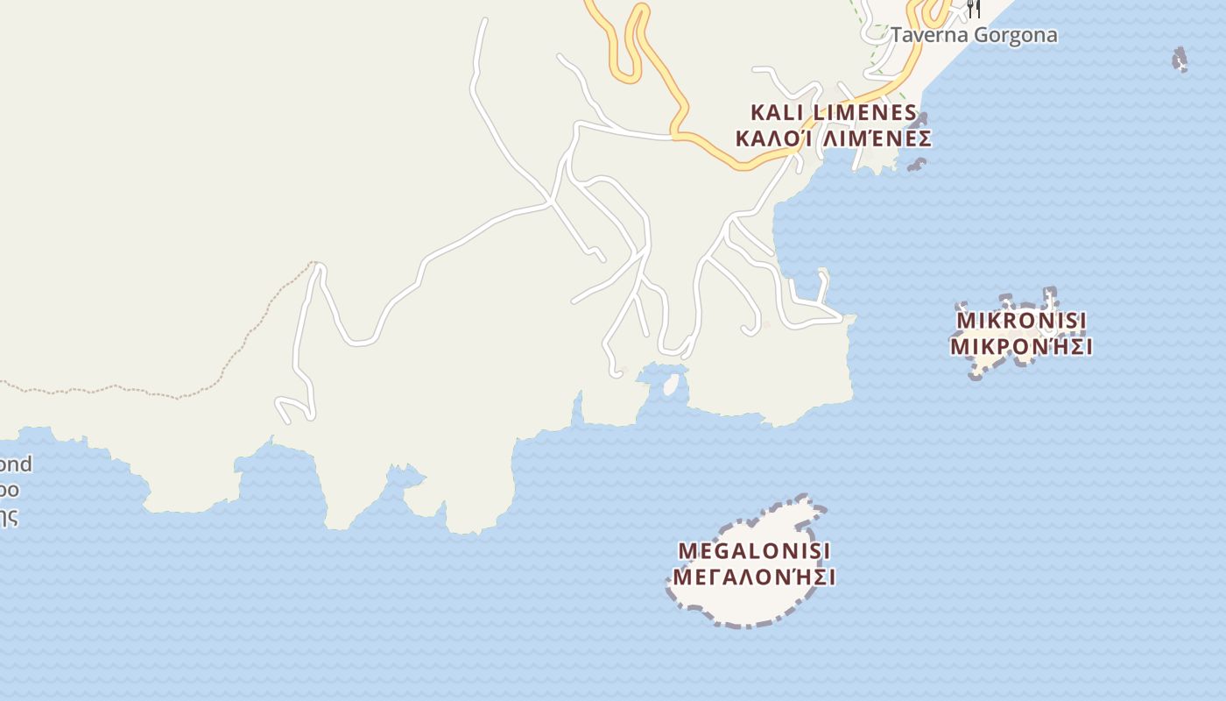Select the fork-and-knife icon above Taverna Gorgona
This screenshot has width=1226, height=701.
coord(973,9)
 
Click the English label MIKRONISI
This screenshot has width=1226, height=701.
coord(1021,320)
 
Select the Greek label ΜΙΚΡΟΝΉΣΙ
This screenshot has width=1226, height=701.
coord(1021,346)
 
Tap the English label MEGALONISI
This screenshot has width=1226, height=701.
coord(754,551)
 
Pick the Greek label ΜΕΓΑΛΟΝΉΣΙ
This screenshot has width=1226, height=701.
coord(754,577)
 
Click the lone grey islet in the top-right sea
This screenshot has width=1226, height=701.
coord(1180,60)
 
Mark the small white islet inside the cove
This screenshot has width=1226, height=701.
coord(672,385)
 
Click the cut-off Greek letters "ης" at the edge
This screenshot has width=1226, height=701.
coord(8,516)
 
